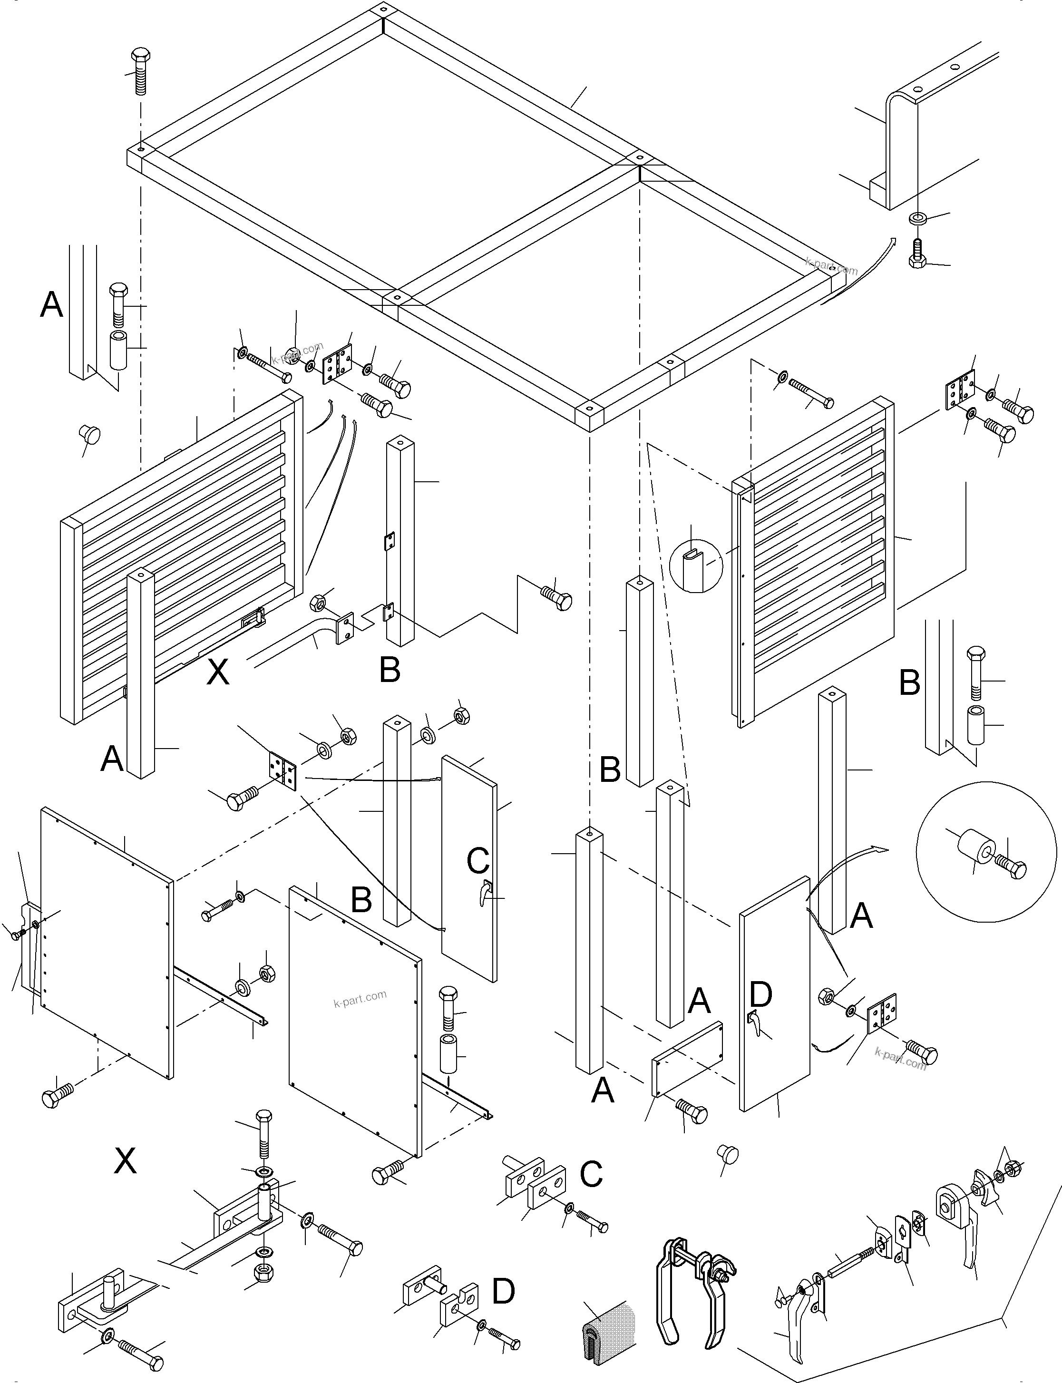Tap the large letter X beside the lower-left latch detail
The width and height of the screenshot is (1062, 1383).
tap(125, 1161)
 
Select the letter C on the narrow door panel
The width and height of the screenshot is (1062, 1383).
tap(478, 860)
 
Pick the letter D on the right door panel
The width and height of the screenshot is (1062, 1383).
tap(760, 994)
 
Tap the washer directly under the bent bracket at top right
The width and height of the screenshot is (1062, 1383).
tap(917, 219)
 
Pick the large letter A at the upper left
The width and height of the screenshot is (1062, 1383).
tap(52, 305)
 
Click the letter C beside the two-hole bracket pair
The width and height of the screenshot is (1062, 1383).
tap(591, 1174)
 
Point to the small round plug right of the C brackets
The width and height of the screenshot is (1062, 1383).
tap(728, 1154)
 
